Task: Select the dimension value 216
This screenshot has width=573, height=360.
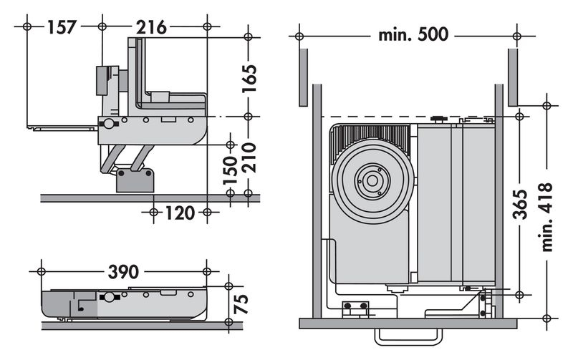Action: pos(151,27)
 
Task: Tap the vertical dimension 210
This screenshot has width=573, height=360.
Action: pos(249,158)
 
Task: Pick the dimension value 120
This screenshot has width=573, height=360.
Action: pos(179,212)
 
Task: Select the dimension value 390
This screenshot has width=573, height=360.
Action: pos(122,271)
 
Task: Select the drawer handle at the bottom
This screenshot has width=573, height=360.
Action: pos(408,336)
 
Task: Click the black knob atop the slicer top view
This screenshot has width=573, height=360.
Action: pos(438,118)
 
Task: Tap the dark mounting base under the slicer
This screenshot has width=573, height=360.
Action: pos(135,179)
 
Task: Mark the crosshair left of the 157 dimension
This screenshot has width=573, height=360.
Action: pos(27,26)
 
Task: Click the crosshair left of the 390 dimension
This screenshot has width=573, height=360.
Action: pos(41,271)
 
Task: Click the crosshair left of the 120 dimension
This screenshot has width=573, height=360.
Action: pos(153,212)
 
